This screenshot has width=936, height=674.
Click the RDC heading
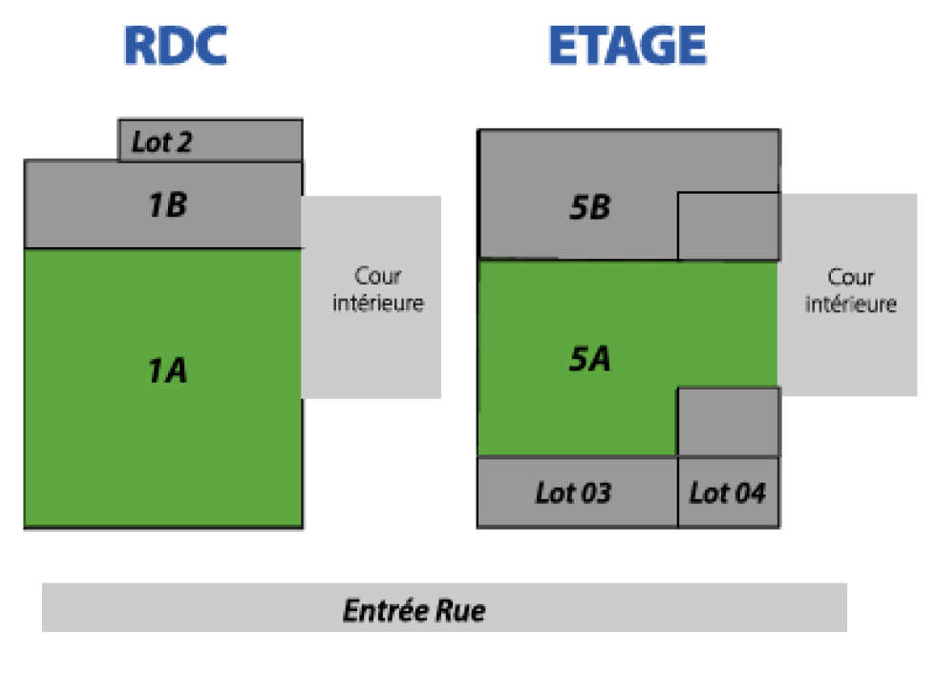(x=176, y=45)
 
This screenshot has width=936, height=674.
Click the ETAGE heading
(x=627, y=45)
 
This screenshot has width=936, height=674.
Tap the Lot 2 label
(x=161, y=143)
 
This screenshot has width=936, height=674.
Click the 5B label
(x=589, y=207)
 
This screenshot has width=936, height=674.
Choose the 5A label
(x=589, y=358)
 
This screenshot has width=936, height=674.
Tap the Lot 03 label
(x=573, y=493)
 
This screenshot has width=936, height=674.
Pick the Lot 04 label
(x=728, y=493)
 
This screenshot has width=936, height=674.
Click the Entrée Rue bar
(x=444, y=608)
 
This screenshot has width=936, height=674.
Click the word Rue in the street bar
(x=461, y=609)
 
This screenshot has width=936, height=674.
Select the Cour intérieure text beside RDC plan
(x=376, y=290)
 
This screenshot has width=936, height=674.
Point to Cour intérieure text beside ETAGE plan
(x=851, y=290)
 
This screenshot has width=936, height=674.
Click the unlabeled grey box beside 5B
(x=728, y=226)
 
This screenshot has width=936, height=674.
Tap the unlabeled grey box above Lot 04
(x=728, y=421)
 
